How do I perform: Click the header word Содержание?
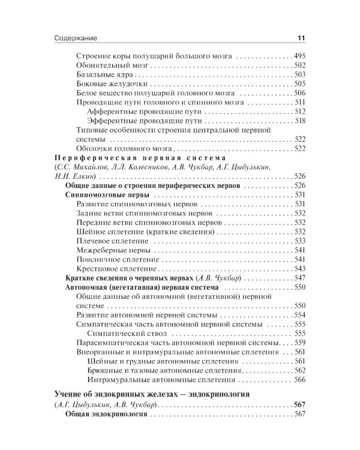[67, 38]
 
